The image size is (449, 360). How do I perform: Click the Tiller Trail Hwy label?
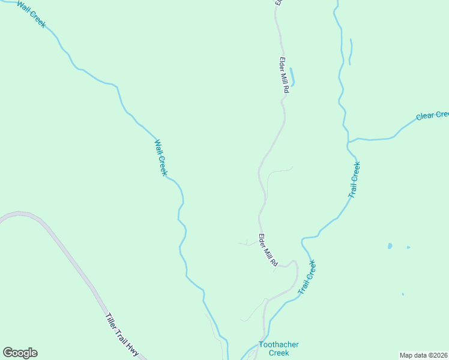[122, 336]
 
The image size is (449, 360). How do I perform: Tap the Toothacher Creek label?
[279, 349]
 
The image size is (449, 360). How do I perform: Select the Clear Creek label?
[432, 115]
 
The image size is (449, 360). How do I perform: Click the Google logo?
[20, 353]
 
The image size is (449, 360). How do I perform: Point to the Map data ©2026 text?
[424, 355]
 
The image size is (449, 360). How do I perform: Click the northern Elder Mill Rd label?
[285, 74]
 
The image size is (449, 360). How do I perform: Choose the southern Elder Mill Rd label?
[268, 250]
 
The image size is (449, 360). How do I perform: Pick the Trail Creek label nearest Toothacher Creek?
[307, 277]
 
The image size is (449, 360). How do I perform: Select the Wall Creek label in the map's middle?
[161, 158]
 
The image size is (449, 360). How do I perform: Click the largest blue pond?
[390, 246]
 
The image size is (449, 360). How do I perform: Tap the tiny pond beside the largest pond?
[408, 247]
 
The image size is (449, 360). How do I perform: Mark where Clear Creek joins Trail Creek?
[348, 142]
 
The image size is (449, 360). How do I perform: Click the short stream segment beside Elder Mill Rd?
[292, 76]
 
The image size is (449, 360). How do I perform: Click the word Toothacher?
[279, 345]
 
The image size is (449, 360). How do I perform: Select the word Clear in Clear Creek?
[424, 116]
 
